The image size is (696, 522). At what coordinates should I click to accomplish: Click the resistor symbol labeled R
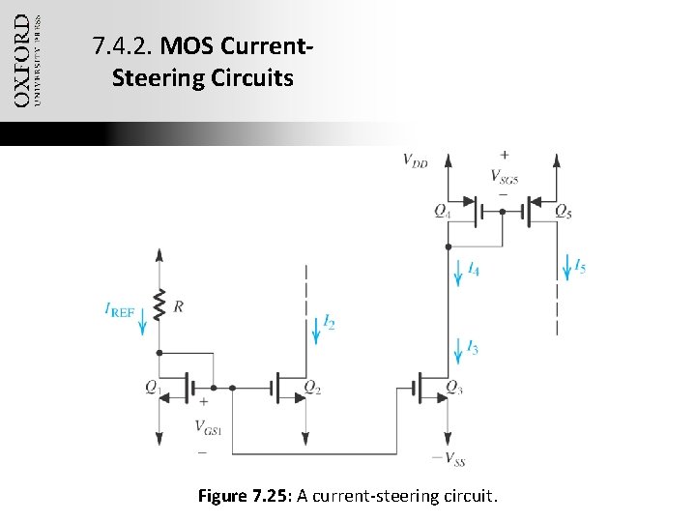159,305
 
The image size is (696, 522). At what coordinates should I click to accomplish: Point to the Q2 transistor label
312,387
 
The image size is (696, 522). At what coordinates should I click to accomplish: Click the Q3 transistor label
454,387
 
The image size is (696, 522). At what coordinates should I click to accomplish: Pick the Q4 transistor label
442,210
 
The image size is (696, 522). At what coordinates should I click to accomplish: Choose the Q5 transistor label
563,210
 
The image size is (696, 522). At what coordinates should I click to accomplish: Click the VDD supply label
416,161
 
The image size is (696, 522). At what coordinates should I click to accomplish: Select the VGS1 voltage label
208,426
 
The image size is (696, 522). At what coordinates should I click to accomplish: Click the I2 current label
330,322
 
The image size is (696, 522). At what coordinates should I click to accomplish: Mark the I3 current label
472,347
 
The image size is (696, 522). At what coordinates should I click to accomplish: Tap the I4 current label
472,271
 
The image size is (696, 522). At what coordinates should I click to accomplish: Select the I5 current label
578,265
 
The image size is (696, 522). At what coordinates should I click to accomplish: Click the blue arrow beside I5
566,264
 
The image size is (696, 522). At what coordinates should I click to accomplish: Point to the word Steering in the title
154,76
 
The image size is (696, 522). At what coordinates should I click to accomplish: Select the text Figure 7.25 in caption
242,497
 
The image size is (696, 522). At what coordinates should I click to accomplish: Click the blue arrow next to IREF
145,316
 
